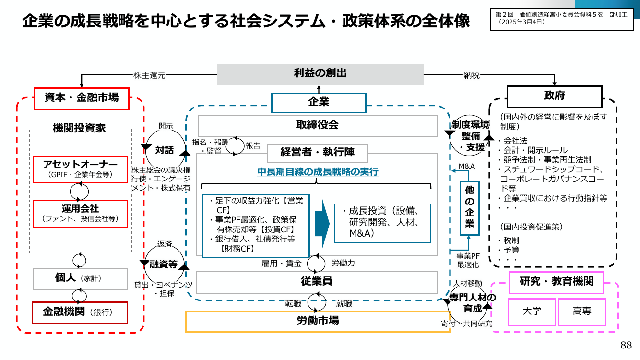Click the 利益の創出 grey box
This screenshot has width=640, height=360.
[320, 74]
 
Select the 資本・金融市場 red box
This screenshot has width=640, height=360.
[82, 99]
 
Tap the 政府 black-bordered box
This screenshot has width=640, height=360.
[554, 96]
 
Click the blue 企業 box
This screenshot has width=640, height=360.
[319, 103]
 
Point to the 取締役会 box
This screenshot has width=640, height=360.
[318, 126]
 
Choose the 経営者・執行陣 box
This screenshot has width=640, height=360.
[318, 153]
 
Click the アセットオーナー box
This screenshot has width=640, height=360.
[80, 169]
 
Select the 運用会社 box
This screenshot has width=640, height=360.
[80, 214]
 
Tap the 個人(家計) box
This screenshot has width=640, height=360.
[80, 279]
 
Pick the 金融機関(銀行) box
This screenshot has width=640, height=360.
[80, 313]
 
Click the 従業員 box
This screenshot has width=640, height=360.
[317, 283]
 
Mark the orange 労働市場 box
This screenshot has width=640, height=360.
[318, 322]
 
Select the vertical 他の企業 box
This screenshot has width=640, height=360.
[469, 208]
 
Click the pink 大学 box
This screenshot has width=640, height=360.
[532, 312]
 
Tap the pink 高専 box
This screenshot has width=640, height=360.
[582, 312]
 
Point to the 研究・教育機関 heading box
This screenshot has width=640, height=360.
[557, 283]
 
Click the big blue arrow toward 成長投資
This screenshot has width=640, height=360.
[322, 224]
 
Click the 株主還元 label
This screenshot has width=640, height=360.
[149, 75]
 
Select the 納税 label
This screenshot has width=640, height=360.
[472, 75]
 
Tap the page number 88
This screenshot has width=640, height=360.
[626, 345]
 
